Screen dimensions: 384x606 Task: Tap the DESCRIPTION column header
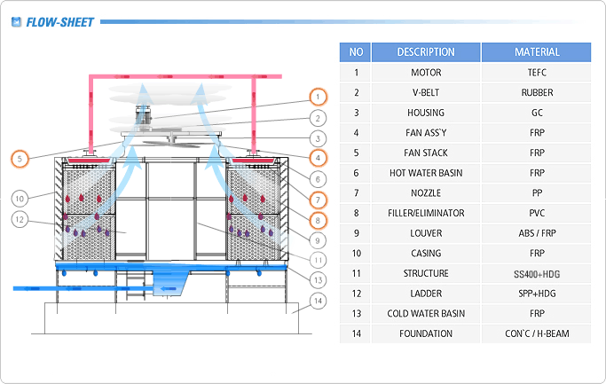coord(426,52)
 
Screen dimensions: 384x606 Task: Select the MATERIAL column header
coord(537,52)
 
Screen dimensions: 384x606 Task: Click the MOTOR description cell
coord(426,73)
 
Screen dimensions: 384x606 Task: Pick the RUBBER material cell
coord(537,93)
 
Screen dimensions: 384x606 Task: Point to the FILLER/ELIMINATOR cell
coord(426,214)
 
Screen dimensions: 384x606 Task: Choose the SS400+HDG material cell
coord(537,274)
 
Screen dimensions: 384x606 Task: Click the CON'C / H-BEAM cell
coord(537,334)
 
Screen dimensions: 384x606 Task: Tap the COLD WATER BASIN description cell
coord(426,314)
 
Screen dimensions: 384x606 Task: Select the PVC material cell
coord(537,214)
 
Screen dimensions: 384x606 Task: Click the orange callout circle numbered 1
coord(317,98)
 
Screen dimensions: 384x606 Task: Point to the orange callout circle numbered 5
coord(20,159)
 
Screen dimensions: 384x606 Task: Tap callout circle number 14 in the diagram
coord(317,300)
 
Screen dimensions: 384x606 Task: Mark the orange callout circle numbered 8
coord(317,219)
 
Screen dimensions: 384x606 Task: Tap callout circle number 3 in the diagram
coord(317,138)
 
